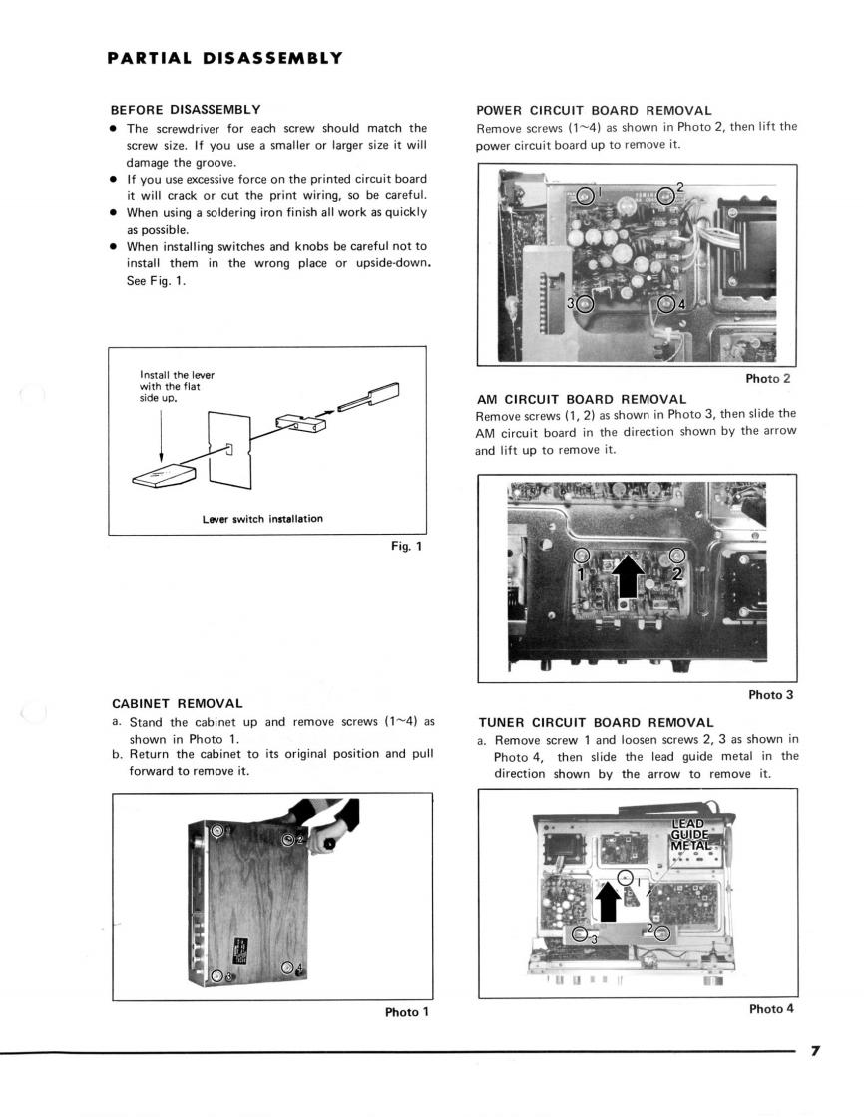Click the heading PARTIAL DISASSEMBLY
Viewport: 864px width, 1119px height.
click(225, 58)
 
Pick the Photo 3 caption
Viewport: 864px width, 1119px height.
click(769, 694)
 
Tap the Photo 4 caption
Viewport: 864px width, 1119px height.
click(771, 1008)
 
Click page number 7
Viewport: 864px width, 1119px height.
click(815, 1051)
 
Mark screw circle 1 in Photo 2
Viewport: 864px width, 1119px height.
click(587, 194)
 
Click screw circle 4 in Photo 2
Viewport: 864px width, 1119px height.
click(667, 304)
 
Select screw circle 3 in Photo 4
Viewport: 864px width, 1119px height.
click(581, 934)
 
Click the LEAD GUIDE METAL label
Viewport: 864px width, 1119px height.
click(692, 834)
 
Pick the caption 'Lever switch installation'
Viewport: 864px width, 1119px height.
click(261, 518)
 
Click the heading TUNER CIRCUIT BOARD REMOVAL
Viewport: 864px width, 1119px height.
click(596, 722)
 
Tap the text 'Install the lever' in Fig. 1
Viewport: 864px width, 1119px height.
click(178, 375)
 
